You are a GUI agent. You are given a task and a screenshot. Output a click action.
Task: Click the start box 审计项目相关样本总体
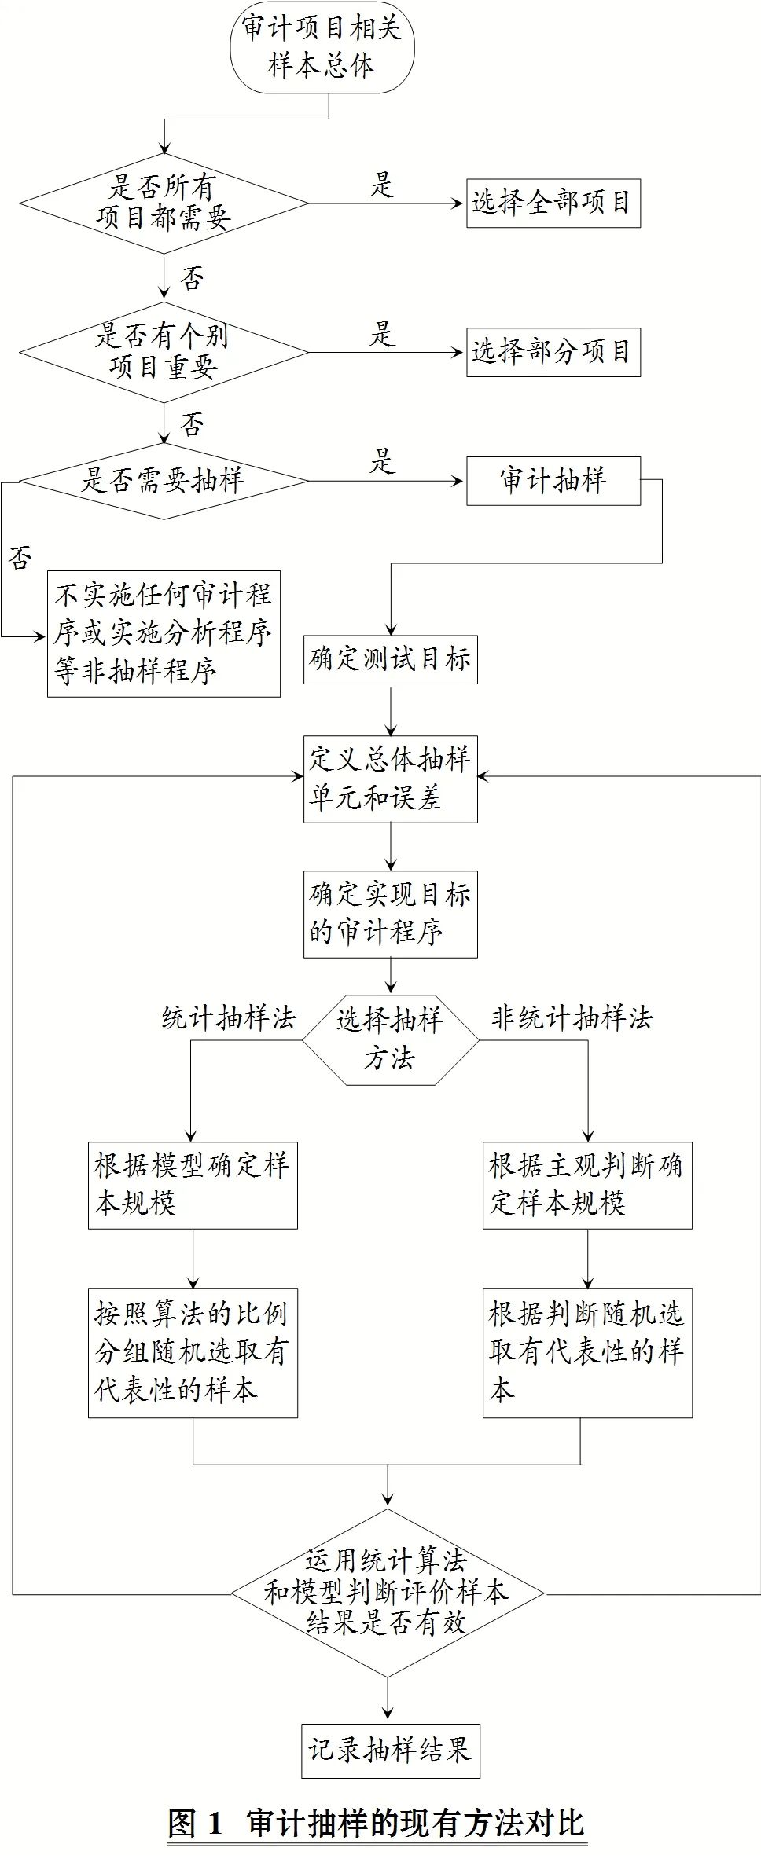pos(322,46)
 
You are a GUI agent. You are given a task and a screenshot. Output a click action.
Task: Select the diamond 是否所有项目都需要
pos(164,203)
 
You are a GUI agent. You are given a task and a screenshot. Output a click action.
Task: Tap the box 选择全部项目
pos(553,203)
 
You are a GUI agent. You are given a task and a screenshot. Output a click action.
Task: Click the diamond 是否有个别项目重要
pos(164,352)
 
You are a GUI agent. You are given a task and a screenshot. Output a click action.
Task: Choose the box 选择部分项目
pos(553,352)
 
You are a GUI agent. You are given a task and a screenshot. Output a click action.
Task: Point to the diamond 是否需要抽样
pos(164,481)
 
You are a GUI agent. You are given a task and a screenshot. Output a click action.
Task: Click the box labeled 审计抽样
pos(553,481)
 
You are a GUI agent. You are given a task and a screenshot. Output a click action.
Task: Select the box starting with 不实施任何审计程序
pos(164,633)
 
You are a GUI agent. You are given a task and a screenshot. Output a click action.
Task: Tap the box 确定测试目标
pos(391,659)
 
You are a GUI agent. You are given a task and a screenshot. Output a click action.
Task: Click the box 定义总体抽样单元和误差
pos(391,779)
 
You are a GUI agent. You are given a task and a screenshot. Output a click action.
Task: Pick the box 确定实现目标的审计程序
pos(391,914)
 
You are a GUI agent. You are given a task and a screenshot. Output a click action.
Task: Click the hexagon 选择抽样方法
pos(391,1040)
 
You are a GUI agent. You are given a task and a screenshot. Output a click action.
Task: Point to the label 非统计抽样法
pos(572,1018)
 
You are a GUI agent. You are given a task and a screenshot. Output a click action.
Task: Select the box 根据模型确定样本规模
pos(193,1185)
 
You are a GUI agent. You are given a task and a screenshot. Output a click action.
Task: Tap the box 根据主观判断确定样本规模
pos(587,1185)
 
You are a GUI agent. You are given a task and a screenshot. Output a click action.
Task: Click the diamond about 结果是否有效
pos(388,1593)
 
